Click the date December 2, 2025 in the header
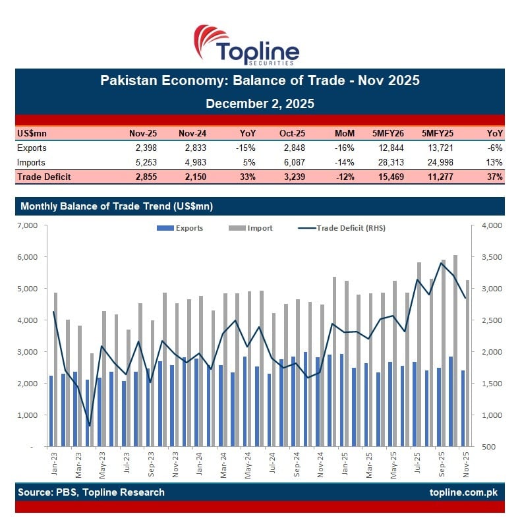[x=260, y=103]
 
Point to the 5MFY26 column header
[x=389, y=134]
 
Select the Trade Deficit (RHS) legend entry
[x=343, y=228]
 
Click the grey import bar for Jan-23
[x=56, y=369]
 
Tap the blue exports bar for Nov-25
[x=463, y=409]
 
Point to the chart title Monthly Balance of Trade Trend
[x=117, y=206]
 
